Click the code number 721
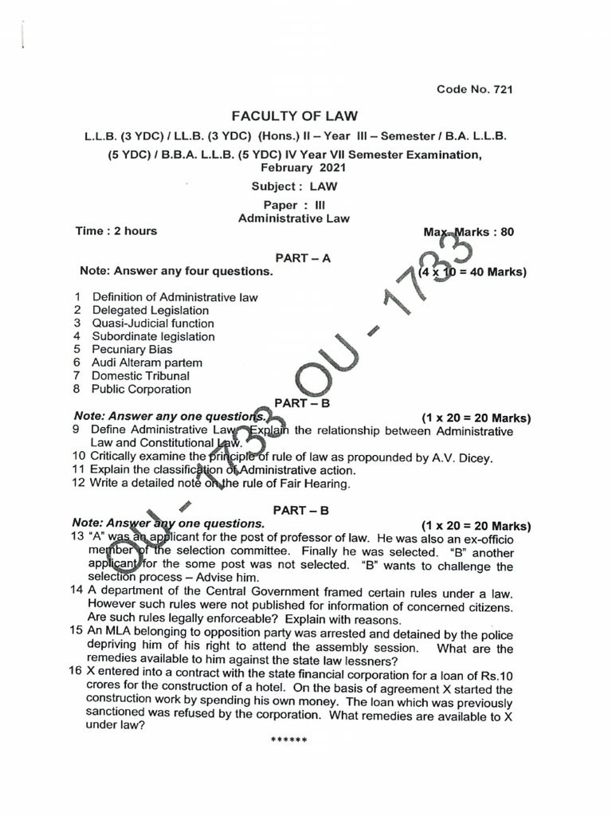tap(503, 89)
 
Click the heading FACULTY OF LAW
tap(295, 116)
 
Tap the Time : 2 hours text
tap(116, 231)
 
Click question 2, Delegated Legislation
tap(150, 310)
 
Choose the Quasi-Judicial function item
tap(153, 324)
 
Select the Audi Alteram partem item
tap(147, 363)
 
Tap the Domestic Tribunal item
tap(140, 375)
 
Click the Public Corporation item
tap(141, 389)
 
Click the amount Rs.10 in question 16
tap(496, 676)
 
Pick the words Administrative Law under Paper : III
tap(294, 218)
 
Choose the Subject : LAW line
tap(294, 186)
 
